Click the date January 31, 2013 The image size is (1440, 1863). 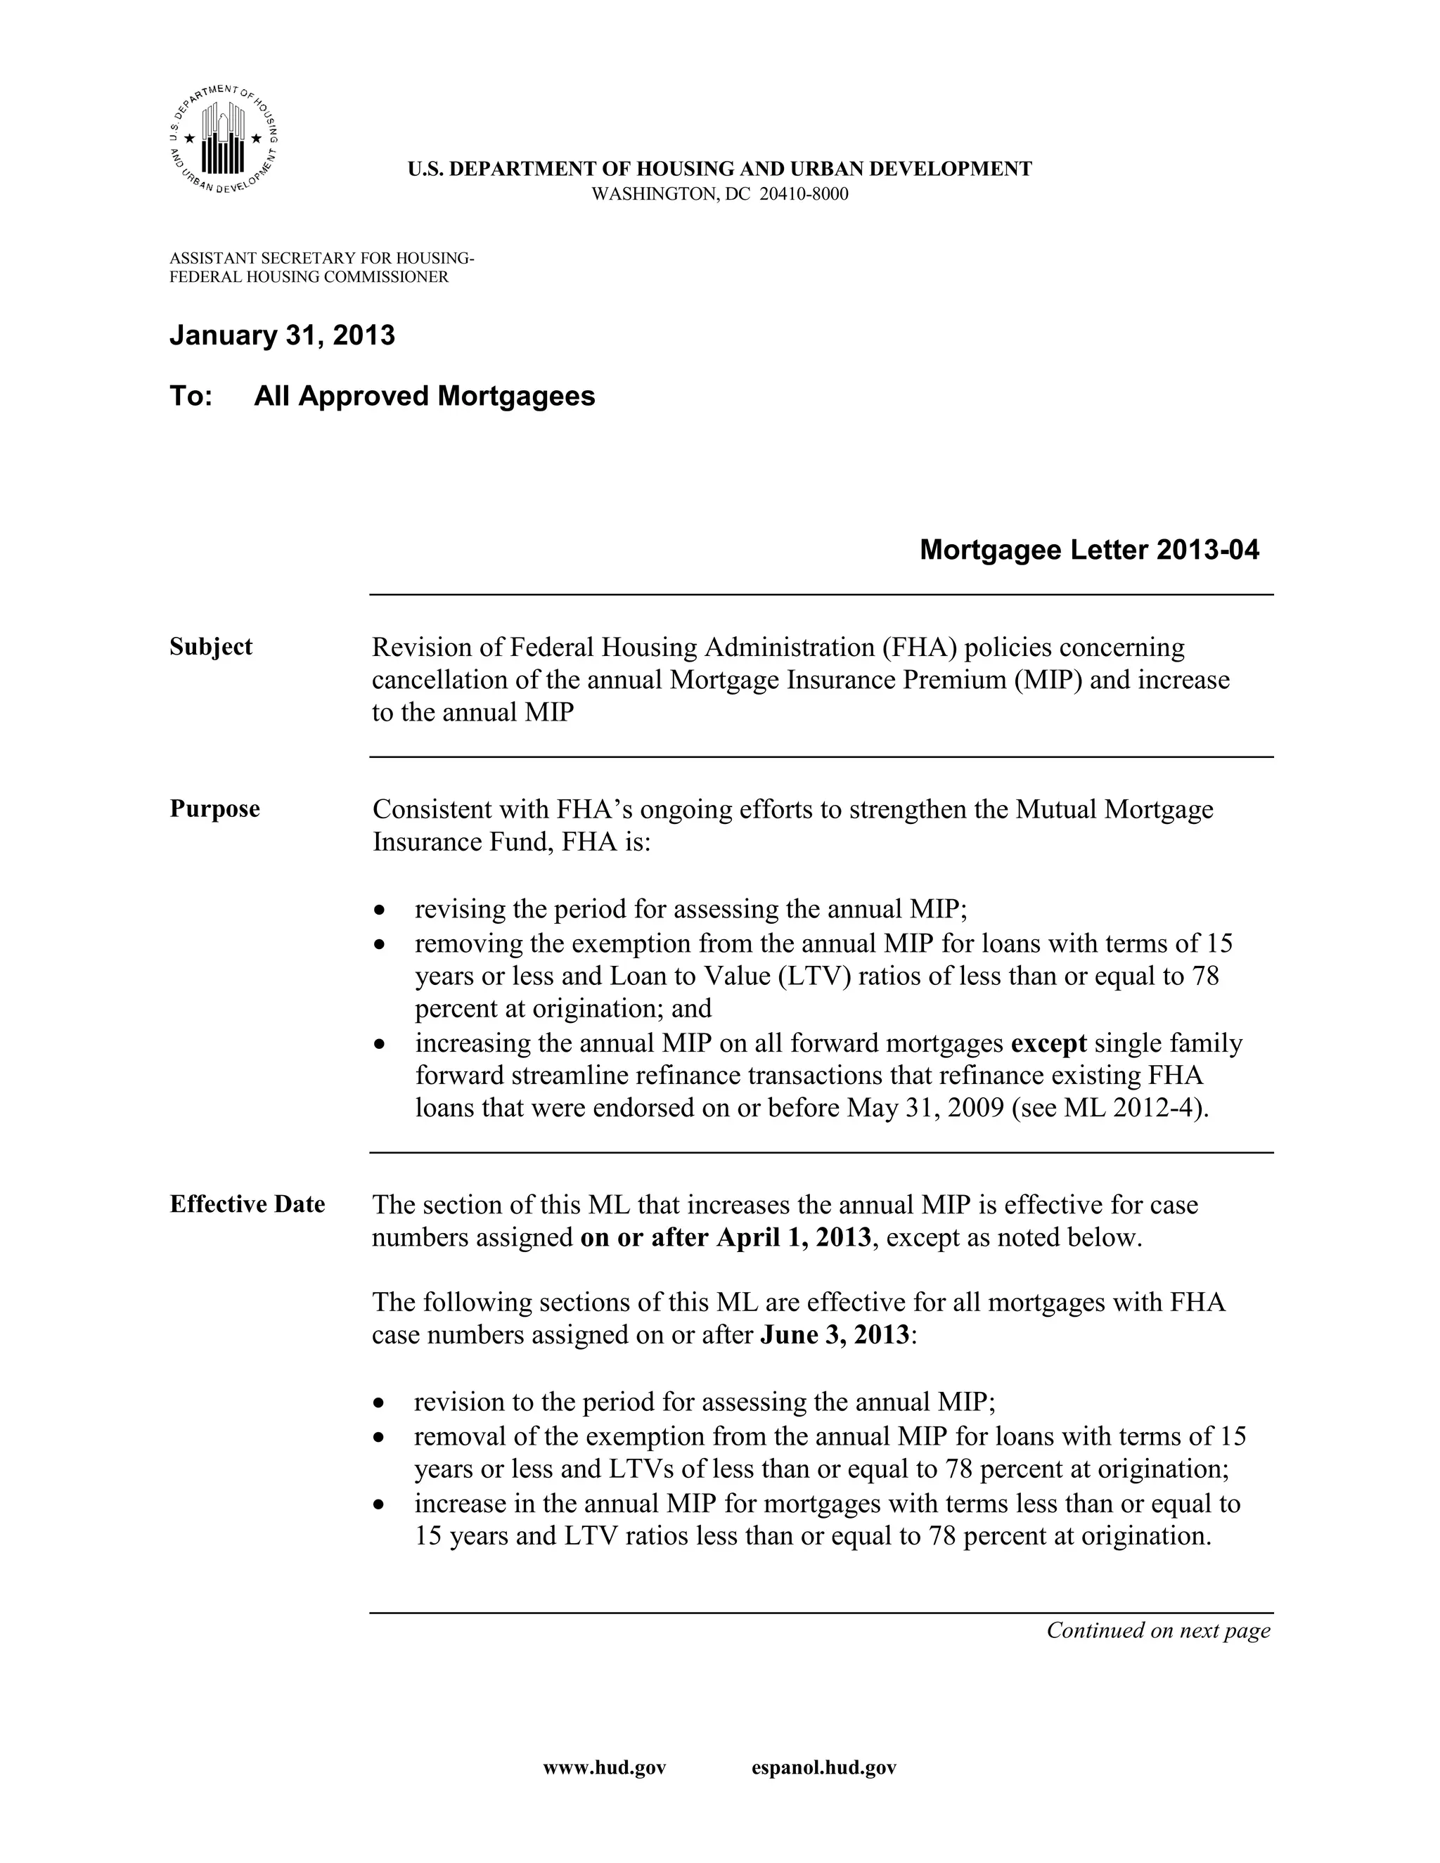pos(283,335)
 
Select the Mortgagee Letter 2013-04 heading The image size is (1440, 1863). pos(1088,550)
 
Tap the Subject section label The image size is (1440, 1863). pos(211,647)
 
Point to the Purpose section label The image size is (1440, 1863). pos(214,808)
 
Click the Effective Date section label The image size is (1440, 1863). pos(247,1204)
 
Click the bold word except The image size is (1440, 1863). pos(1048,1043)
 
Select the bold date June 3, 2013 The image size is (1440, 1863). pos(835,1335)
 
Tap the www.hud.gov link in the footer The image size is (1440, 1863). pos(604,1768)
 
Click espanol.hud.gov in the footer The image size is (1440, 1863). pos(823,1768)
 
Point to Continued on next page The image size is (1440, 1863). pos(1157,1630)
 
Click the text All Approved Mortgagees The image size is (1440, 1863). pos(424,397)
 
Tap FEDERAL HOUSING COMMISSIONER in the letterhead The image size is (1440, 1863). pos(309,277)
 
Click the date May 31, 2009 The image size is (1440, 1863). pos(925,1108)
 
